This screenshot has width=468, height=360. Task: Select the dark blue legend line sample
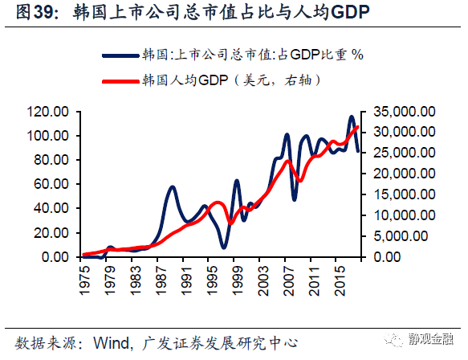point(120,55)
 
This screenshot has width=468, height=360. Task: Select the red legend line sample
point(120,80)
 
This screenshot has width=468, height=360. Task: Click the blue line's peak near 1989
point(173,187)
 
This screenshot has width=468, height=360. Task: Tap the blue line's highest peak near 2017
point(352,117)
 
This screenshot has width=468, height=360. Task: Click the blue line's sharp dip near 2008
point(295,198)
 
